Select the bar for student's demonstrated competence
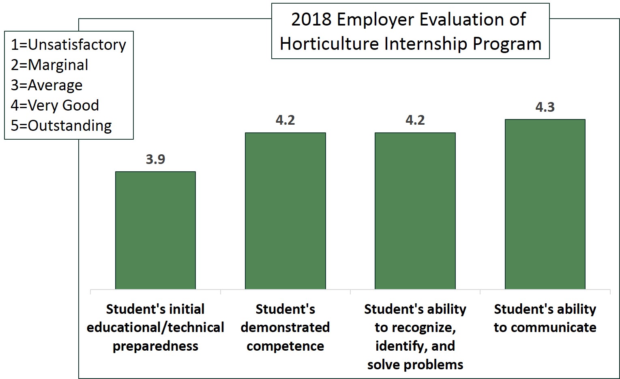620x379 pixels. coord(285,211)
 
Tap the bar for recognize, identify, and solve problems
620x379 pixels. coord(415,211)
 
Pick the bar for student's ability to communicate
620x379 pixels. coord(545,204)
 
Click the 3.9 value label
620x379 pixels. coord(155,160)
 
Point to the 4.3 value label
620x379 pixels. coord(545,107)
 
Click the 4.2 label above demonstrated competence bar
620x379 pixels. coord(285,120)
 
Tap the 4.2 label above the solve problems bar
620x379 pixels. coord(415,120)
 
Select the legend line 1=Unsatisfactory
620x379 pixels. coord(68,45)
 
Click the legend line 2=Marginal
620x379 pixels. coord(49,65)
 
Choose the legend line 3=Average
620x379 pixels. coord(47,85)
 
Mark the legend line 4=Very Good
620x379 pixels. coord(55,105)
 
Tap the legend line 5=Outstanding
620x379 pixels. coord(61,126)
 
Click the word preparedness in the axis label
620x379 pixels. coord(155,346)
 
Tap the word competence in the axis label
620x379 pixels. coord(285,346)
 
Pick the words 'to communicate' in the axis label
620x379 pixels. coord(545,328)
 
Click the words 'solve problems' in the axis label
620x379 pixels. coord(415,364)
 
